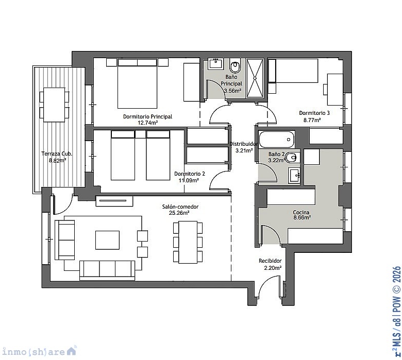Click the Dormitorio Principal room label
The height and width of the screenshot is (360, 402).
pyautogui.click(x=147, y=116)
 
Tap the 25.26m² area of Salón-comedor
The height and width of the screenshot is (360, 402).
pyautogui.click(x=179, y=213)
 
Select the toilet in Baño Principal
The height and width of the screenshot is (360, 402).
pyautogui.click(x=235, y=65)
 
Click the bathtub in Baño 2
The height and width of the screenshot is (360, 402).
pyautogui.click(x=276, y=140)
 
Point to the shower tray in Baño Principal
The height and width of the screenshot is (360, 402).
pyautogui.click(x=255, y=78)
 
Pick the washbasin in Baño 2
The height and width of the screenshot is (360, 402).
pyautogui.click(x=294, y=175)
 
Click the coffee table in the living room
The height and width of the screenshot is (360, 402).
pyautogui.click(x=107, y=240)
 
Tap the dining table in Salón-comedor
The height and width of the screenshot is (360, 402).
pyautogui.click(x=188, y=242)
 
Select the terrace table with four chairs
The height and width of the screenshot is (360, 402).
pyautogui.click(x=54, y=105)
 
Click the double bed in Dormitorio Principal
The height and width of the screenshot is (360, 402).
pyautogui.click(x=137, y=83)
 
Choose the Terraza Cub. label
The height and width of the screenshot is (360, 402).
pyautogui.click(x=57, y=154)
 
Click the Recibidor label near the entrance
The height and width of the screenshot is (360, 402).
pyautogui.click(x=270, y=261)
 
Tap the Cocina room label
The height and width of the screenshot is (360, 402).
pyautogui.click(x=301, y=212)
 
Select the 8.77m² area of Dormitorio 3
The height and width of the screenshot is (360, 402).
pyautogui.click(x=312, y=119)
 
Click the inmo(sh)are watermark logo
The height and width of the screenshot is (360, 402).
pyautogui.click(x=39, y=352)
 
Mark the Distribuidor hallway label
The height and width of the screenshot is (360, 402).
pyautogui.click(x=243, y=144)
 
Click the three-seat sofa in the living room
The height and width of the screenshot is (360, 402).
pyautogui.click(x=107, y=270)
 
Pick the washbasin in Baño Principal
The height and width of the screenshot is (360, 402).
pyautogui.click(x=215, y=63)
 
